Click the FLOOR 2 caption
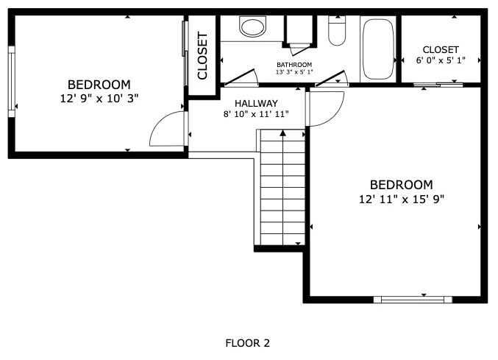point(247,343)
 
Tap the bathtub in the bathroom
point(378,49)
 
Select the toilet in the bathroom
point(337,30)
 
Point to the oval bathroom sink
point(252,28)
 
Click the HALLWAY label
point(256,103)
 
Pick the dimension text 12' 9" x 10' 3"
point(99,99)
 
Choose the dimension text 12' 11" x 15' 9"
point(402,200)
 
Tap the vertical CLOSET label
point(202,55)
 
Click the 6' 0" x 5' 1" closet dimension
point(441,60)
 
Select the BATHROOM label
point(294,65)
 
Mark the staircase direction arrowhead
point(282,133)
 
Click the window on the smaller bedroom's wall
point(12,82)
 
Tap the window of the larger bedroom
point(413,300)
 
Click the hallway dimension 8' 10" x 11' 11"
point(256,114)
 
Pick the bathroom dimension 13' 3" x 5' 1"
point(294,72)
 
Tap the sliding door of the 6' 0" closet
point(438,85)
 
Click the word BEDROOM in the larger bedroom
point(402,185)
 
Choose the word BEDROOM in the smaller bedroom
point(99,85)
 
